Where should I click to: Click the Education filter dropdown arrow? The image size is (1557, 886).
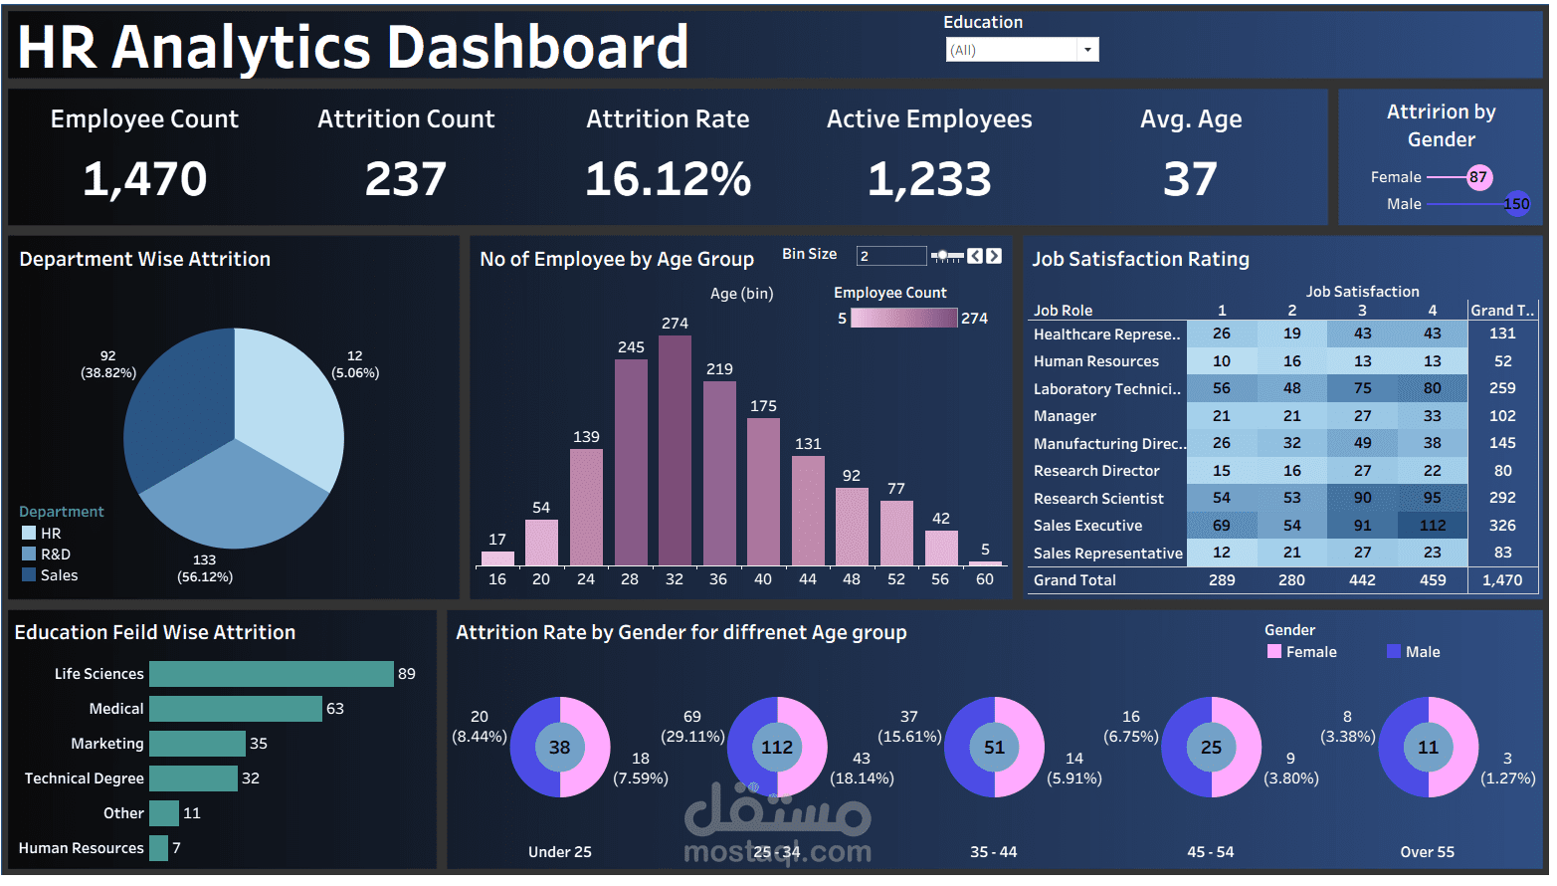(1088, 50)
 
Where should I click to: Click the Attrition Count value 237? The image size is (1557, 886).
(406, 179)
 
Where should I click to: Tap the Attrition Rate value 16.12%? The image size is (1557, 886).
(668, 179)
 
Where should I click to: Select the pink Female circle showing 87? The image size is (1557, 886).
(1478, 177)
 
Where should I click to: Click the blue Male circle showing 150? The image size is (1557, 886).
(1516, 204)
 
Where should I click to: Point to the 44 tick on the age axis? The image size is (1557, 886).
(807, 579)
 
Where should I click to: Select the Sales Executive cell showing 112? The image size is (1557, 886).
(1433, 526)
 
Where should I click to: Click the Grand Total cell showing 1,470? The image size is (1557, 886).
(1502, 580)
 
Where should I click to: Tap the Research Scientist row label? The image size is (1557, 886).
(1098, 499)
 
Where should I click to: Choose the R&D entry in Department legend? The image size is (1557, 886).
(55, 554)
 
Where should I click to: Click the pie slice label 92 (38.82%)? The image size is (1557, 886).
(108, 364)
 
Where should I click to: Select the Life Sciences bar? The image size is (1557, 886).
(271, 674)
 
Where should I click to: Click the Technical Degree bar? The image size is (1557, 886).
(193, 778)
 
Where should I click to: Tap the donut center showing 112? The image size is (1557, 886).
(777, 748)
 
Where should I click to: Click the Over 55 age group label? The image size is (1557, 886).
(1427, 852)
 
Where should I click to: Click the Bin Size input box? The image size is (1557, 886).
(890, 256)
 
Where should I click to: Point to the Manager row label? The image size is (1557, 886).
(1065, 416)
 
